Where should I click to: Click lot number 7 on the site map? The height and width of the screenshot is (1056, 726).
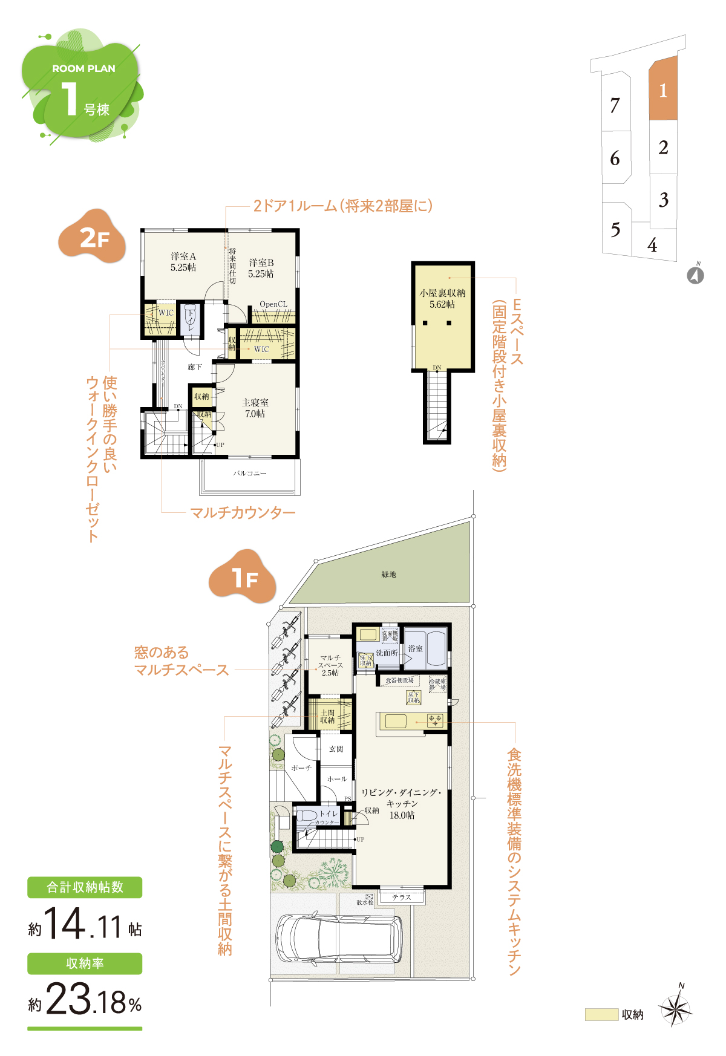coord(615,105)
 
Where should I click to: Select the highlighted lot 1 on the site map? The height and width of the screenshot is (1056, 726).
coord(662,90)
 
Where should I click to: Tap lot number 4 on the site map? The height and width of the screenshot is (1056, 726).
coord(652,245)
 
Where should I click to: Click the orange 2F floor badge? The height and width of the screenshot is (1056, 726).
coord(93,237)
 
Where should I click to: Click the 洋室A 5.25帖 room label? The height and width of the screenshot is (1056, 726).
coord(183,262)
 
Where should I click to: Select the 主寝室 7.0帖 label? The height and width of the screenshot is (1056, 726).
coord(255,408)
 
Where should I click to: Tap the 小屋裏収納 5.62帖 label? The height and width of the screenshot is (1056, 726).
coord(442,298)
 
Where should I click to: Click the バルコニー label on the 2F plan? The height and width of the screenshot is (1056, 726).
coord(249,473)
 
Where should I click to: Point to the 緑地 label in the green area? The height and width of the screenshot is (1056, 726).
coord(388,574)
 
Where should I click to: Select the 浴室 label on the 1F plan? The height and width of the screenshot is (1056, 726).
coord(415,648)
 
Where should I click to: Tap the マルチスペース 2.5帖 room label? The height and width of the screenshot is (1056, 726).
coord(330,665)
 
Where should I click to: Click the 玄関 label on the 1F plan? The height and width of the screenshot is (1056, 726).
coord(336,749)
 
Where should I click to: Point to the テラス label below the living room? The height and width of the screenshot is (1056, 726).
coord(401,897)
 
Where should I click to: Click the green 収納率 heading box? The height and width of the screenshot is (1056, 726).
coord(85,963)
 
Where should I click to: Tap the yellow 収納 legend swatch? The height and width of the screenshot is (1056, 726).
coord(601,1014)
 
